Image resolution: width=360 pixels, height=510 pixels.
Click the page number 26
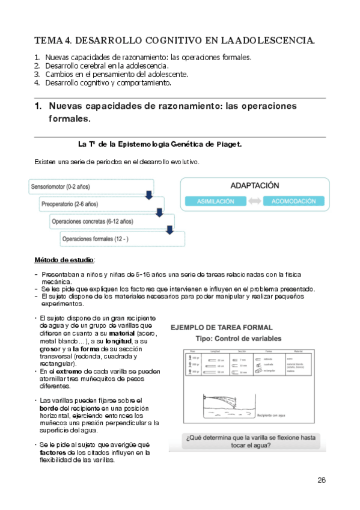[322, 480]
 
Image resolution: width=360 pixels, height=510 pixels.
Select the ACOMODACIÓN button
[293, 201]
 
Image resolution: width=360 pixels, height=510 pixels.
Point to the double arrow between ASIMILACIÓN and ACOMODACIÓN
[254, 201]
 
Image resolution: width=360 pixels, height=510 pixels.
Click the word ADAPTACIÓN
[255, 186]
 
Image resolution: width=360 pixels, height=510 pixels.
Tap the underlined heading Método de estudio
[64, 260]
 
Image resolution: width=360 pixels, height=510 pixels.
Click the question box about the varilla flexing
[248, 441]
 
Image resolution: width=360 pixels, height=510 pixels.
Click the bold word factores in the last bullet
[52, 452]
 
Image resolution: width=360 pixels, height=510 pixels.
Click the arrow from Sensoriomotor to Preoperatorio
[148, 195]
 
